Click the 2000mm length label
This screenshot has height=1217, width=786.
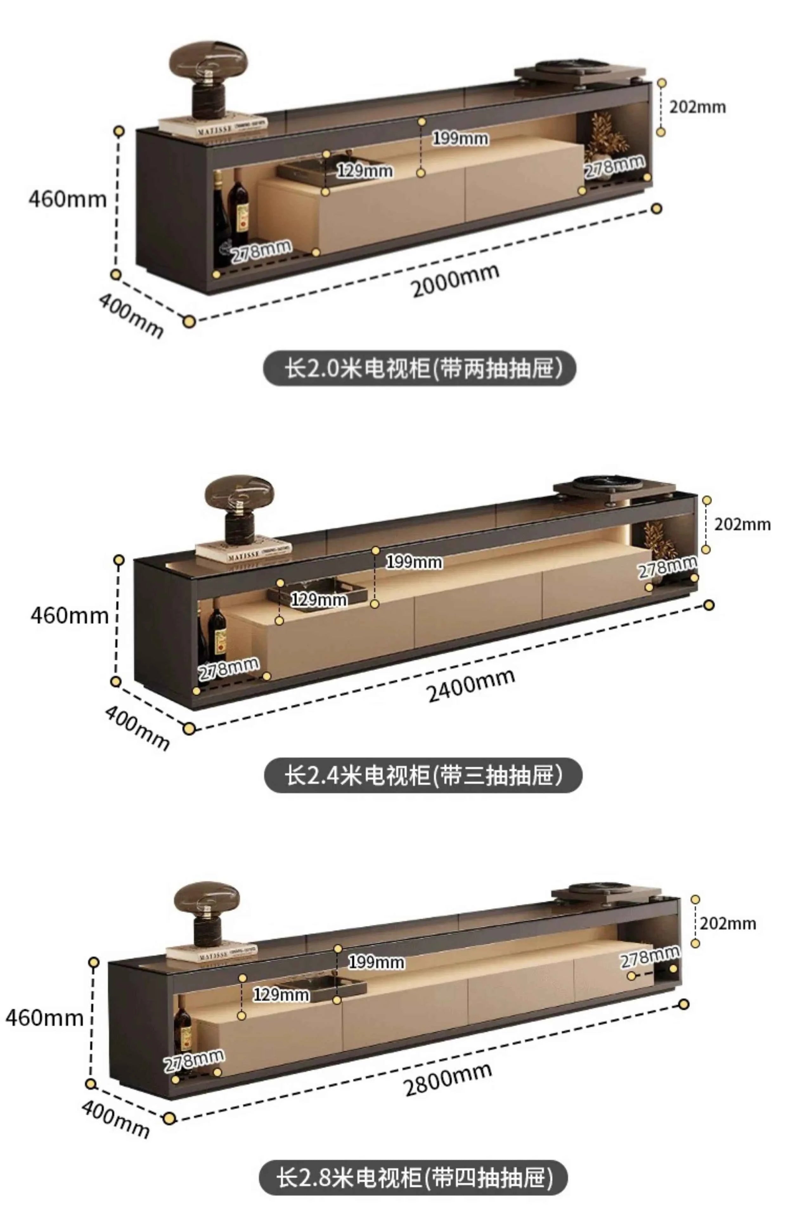pyautogui.click(x=455, y=281)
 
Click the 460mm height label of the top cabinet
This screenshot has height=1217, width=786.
pyautogui.click(x=68, y=199)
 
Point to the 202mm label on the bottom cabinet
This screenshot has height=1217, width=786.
pyautogui.click(x=727, y=924)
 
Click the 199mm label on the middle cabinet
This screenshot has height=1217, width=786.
pyautogui.click(x=414, y=562)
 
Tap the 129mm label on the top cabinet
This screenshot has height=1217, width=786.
pyautogui.click(x=364, y=171)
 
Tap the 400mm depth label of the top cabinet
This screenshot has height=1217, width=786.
pyautogui.click(x=131, y=315)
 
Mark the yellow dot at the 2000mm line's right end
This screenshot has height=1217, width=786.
pyautogui.click(x=657, y=209)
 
